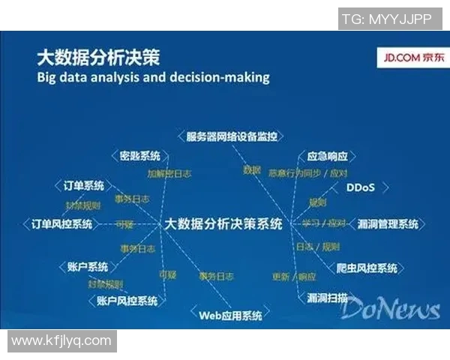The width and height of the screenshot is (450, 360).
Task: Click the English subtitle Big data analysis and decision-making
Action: click(153, 77)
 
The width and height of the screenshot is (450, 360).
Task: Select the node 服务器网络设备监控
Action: click(232, 136)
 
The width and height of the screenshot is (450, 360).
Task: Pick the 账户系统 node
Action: click(87, 266)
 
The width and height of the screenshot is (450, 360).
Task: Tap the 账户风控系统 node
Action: click(127, 300)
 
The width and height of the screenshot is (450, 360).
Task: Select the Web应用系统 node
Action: click(230, 315)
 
